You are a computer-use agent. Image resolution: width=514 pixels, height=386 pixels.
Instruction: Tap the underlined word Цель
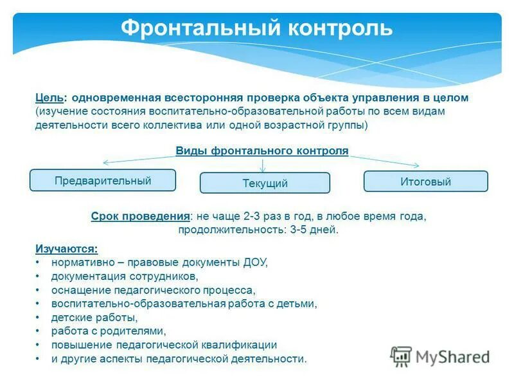coord(49,98)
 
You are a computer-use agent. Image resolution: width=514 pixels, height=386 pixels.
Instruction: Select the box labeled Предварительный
coord(103,180)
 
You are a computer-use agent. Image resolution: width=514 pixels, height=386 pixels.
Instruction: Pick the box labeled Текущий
coord(265,183)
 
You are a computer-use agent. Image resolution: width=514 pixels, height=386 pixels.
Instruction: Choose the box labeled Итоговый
coord(425,181)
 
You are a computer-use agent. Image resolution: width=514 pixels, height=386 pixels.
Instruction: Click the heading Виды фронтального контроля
coord(262,151)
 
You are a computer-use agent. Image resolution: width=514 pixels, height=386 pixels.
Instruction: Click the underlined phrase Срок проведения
coord(141,216)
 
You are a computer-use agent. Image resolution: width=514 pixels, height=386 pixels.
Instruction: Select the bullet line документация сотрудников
coord(125,276)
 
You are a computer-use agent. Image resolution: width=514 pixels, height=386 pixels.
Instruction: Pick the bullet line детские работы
coord(94,318)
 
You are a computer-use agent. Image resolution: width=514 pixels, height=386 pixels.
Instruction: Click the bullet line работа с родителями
coord(109,331)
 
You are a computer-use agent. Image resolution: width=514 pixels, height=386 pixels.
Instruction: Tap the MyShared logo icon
coord(402,356)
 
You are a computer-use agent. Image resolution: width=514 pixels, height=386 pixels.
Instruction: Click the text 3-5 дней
coord(313,230)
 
